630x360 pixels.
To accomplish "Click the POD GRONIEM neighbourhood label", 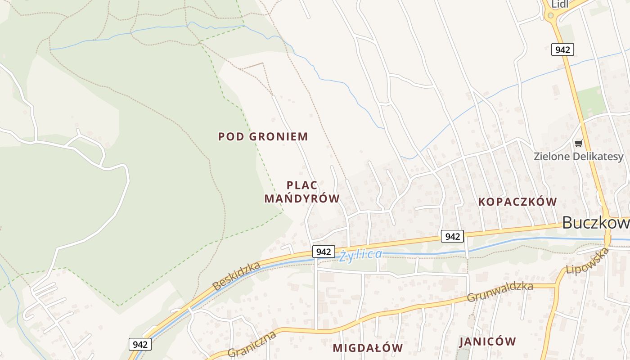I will [x=263, y=136].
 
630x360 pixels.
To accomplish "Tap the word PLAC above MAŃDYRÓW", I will [x=302, y=185].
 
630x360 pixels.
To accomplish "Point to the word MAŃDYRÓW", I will [x=302, y=198].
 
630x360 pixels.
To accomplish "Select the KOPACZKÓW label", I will [x=517, y=202].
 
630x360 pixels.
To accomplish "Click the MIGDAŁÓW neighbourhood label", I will [x=368, y=348].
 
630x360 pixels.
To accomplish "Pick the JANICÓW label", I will [x=487, y=342].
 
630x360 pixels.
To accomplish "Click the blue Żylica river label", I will [x=361, y=255].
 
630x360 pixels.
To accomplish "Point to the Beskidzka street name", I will [x=236, y=276].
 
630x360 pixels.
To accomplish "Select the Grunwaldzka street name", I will [x=500, y=292].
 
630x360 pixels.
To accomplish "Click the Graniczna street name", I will [x=252, y=344].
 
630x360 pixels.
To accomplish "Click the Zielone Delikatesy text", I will [x=579, y=157].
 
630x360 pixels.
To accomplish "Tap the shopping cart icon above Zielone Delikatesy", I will [x=578, y=144].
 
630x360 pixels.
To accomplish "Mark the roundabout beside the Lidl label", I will [x=550, y=16].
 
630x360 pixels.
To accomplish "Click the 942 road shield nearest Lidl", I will [x=562, y=49].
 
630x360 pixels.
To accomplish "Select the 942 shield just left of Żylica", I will [x=324, y=252].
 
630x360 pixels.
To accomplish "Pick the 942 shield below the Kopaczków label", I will [x=452, y=236].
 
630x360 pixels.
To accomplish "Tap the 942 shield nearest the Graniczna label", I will [x=140, y=344].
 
